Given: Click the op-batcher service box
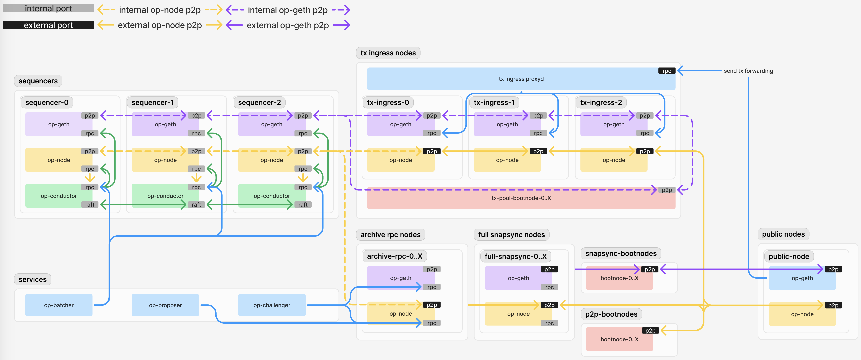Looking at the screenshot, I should tap(59, 305).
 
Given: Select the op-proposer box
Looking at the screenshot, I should tap(165, 305).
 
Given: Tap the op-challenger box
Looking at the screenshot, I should tap(271, 305).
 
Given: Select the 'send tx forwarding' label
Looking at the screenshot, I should tap(748, 71).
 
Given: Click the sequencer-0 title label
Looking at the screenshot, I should tap(47, 102).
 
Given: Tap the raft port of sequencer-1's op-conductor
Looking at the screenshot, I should tap(196, 205).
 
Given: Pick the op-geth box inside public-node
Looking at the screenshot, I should tap(802, 278).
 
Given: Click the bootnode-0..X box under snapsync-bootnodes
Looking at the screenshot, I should tap(619, 278).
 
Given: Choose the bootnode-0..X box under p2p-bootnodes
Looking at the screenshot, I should tap(619, 339).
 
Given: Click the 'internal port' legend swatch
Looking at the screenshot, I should tap(49, 8).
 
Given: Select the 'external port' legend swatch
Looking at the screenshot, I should tap(49, 25).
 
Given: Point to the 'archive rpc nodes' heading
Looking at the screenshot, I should tap(390, 235).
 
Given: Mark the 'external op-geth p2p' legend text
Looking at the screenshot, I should tap(288, 25).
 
